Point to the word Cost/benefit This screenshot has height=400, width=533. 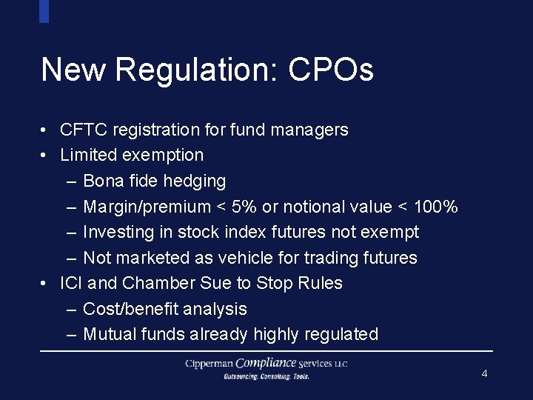132,309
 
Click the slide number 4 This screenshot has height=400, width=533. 484,373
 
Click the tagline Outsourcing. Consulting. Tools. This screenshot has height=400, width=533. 266,376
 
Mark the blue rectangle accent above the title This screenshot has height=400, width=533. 44,11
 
